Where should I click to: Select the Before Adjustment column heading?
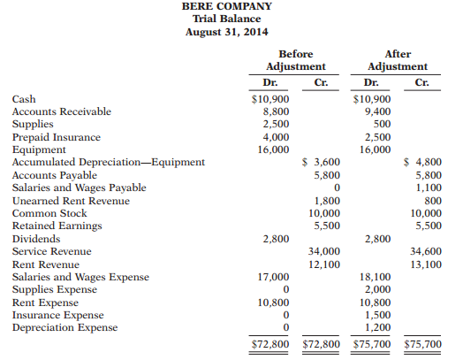[x=296, y=60]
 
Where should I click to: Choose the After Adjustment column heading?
[x=398, y=60]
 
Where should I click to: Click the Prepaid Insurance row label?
[x=56, y=137]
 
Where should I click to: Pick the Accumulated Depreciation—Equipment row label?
[x=109, y=163]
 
